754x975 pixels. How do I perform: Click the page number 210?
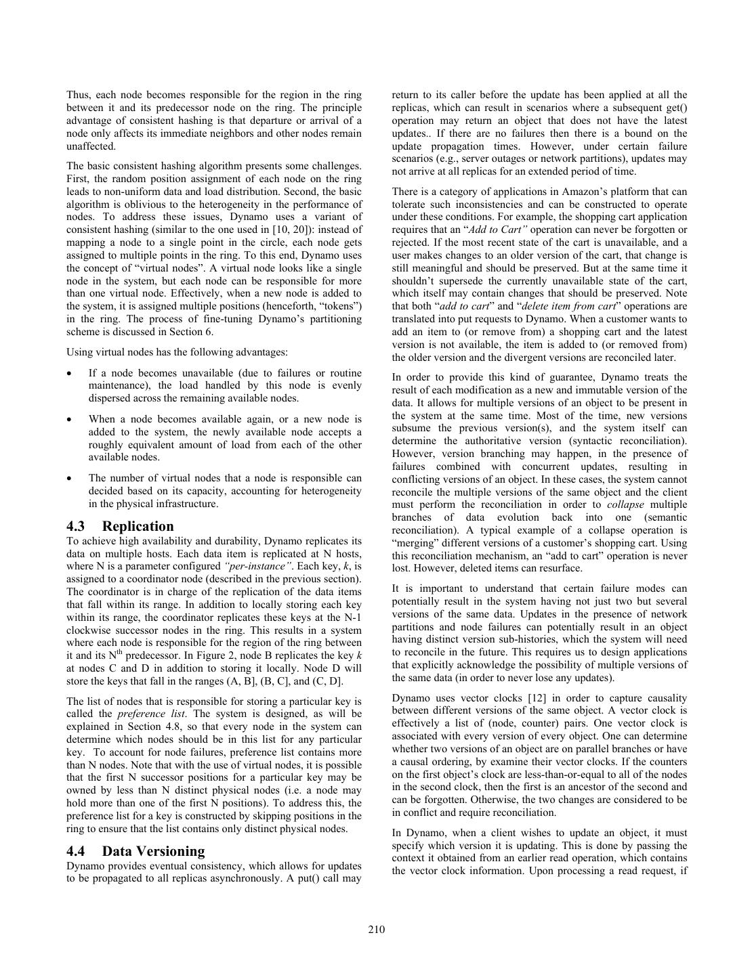pyautogui.click(x=377, y=929)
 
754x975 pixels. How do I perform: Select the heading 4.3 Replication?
pyautogui.click(x=120, y=526)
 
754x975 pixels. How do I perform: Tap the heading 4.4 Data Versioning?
pyautogui.click(x=135, y=851)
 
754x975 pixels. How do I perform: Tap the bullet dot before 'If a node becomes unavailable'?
pyautogui.click(x=70, y=374)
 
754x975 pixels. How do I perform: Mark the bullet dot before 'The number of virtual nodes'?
pyautogui.click(x=70, y=479)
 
